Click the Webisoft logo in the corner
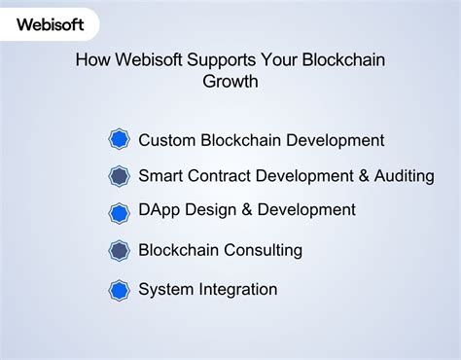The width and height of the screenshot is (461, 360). [x=49, y=21]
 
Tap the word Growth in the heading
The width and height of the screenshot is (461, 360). [x=230, y=82]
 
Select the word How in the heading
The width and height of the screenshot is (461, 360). [x=93, y=60]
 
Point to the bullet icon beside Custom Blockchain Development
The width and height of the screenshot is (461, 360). [x=119, y=139]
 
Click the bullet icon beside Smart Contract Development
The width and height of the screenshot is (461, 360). [x=119, y=176]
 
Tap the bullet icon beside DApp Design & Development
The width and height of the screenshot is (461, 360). [x=119, y=212]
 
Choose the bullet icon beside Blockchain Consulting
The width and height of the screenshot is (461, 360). [x=119, y=251]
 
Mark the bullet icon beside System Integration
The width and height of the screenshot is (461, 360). [x=119, y=290]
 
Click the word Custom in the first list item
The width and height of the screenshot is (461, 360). [x=167, y=140]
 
